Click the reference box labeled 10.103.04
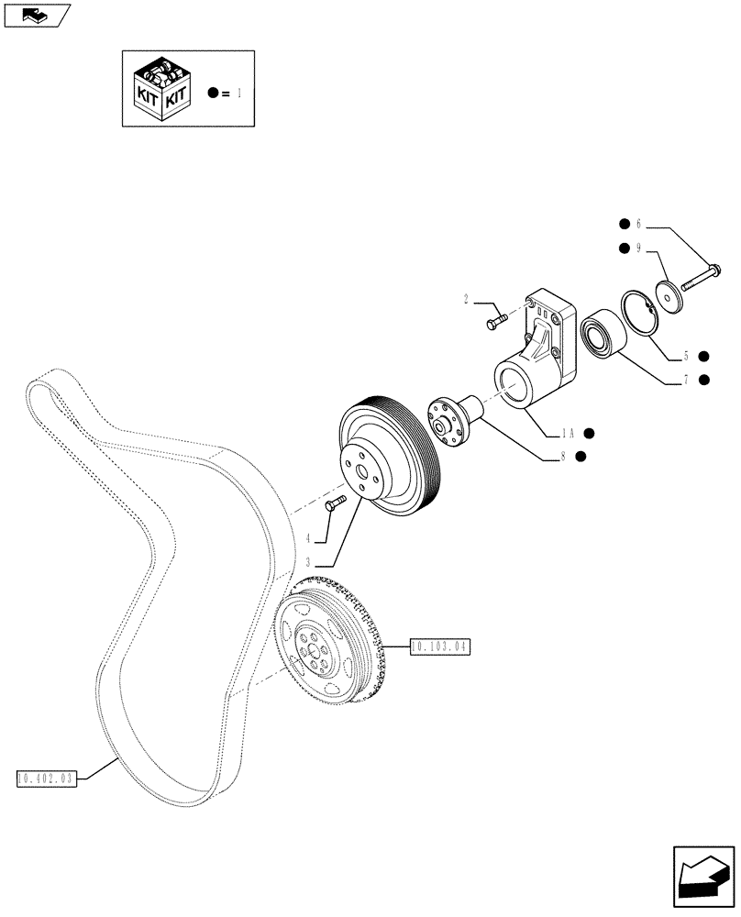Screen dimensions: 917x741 click(438, 646)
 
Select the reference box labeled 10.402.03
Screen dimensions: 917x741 click(45, 779)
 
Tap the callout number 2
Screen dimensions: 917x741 click(467, 299)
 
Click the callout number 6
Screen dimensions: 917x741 click(639, 223)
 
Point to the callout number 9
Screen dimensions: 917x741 click(639, 247)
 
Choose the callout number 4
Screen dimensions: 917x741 click(309, 539)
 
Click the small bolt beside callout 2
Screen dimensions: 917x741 click(496, 320)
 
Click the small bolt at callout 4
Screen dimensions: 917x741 click(336, 502)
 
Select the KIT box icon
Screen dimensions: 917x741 click(162, 87)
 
